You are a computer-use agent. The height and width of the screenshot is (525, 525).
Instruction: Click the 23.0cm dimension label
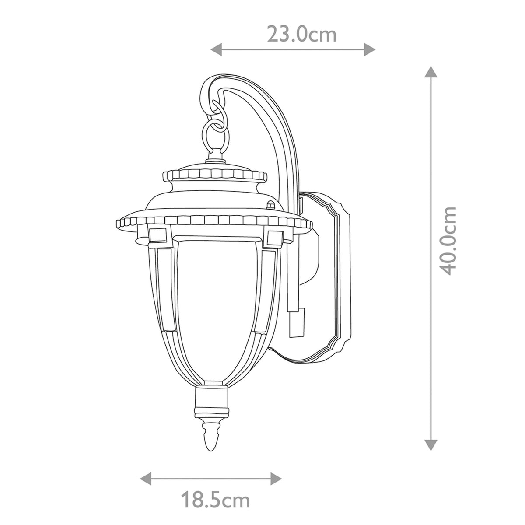(x=302, y=34)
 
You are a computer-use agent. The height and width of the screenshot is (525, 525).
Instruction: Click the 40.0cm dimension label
(x=448, y=240)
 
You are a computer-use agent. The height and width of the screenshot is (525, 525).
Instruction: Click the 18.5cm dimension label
(x=215, y=500)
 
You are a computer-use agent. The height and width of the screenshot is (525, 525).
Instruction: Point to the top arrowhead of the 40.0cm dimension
(x=431, y=73)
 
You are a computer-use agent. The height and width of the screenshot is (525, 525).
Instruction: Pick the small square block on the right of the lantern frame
(x=274, y=238)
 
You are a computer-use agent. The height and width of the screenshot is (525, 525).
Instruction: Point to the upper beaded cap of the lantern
(x=214, y=175)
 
